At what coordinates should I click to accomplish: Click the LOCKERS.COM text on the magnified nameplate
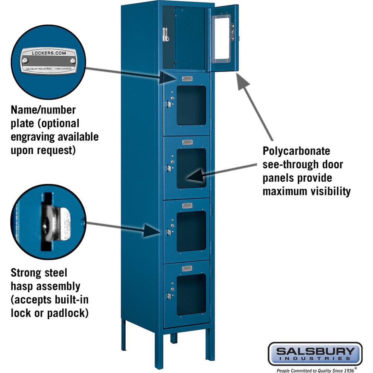pos(48,53)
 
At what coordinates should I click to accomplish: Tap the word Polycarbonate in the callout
pos(297,151)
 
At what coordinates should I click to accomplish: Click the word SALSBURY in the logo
pos(315,351)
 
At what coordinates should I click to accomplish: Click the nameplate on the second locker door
pos(187,79)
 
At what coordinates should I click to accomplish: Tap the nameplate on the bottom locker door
pos(187,268)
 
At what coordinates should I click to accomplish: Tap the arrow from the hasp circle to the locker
pos(123,227)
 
